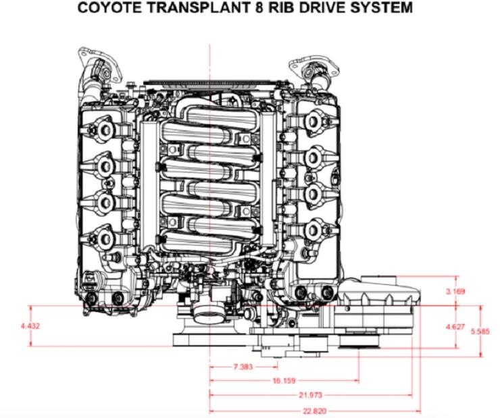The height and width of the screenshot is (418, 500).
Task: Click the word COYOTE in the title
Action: pyautogui.click(x=109, y=7)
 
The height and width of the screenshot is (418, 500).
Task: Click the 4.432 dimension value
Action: pyautogui.click(x=30, y=326)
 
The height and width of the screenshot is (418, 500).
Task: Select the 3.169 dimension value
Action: pyautogui.click(x=455, y=291)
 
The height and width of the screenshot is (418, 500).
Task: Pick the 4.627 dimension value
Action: pyautogui.click(x=455, y=327)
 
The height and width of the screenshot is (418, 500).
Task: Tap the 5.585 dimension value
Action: pyautogui.click(x=480, y=332)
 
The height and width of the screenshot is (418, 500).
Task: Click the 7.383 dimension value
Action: pyautogui.click(x=243, y=367)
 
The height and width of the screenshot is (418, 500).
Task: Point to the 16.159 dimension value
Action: pyautogui.click(x=284, y=380)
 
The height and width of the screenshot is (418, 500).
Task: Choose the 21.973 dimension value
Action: pyautogui.click(x=311, y=395)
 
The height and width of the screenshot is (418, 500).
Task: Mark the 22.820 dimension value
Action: pyautogui.click(x=314, y=411)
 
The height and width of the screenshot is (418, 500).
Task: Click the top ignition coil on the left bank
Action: pyautogui.click(x=102, y=130)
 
